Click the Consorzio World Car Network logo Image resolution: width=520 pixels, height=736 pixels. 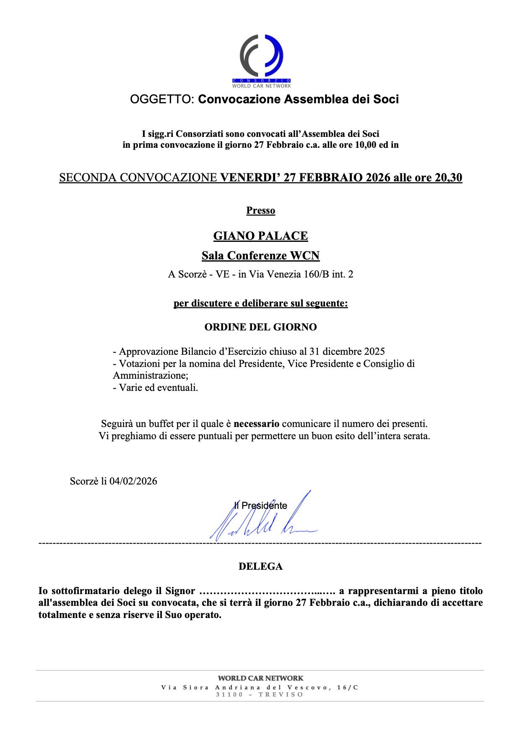tap(261, 61)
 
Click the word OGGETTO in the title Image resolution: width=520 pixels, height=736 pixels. tap(161, 100)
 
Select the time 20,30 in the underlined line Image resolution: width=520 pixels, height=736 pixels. tap(448, 178)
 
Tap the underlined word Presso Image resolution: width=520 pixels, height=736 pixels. tap(260, 210)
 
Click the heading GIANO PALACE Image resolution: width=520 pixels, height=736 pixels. tap(260, 236)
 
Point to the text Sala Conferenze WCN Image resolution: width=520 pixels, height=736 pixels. tap(260, 256)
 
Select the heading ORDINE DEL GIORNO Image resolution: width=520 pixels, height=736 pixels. tap(260, 327)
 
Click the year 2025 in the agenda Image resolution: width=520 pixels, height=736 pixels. tap(374, 351)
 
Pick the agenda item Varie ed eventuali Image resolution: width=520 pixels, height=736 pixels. tap(158, 388)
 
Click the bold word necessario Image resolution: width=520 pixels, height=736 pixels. tap(256, 424)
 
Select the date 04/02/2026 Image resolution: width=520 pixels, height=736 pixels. tap(133, 481)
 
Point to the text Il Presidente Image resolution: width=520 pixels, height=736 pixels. tap(260, 506)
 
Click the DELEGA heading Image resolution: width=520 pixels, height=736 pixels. tap(260, 566)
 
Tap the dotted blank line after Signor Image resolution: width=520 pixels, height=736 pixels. tap(267, 592)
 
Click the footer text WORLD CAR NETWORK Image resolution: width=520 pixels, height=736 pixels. tap(260, 678)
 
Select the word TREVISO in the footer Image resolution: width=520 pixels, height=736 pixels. tap(281, 694)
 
